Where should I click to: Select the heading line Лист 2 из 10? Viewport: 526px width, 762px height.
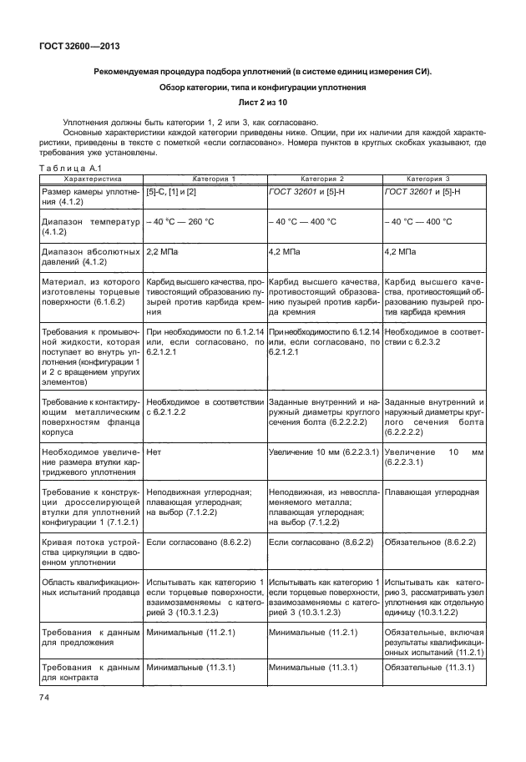(262, 103)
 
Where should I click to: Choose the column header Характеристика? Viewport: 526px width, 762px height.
(93, 179)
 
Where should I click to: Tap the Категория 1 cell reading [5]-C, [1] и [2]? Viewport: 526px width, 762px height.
(171, 192)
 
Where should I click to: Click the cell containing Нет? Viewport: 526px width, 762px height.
(154, 452)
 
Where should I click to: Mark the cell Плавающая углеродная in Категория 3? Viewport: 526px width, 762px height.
(431, 492)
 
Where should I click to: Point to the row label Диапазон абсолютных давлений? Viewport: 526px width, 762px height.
(91, 255)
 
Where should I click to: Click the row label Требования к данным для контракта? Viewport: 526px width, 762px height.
(91, 674)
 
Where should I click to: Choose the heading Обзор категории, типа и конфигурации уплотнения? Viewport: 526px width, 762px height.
(262, 88)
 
